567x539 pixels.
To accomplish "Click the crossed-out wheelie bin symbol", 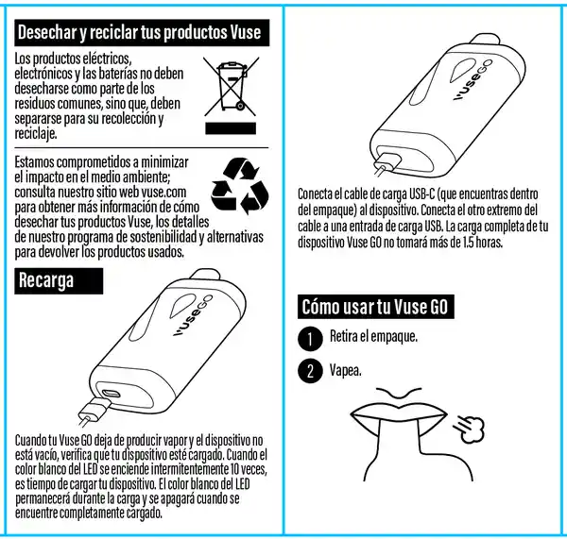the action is click(232, 86).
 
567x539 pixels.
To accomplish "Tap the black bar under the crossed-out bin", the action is click(231, 128).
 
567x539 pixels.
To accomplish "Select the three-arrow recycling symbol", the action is click(240, 186).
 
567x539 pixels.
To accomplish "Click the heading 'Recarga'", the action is click(46, 280).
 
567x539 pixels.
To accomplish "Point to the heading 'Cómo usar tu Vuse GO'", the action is click(375, 307).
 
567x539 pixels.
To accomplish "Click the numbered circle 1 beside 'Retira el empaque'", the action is click(310, 339).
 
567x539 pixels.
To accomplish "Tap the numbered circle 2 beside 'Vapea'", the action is click(310, 371).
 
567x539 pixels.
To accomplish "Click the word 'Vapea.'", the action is click(345, 370).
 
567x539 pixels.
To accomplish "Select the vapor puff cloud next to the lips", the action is click(470, 429).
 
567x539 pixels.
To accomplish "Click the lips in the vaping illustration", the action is click(399, 414).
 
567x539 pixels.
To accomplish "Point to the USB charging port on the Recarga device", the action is click(111, 393).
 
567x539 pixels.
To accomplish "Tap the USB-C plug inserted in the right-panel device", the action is click(387, 162).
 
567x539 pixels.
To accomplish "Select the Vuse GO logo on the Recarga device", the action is click(193, 315).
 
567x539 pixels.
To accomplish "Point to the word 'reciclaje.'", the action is click(36, 134).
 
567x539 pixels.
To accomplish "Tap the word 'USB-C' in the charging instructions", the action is click(421, 194).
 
